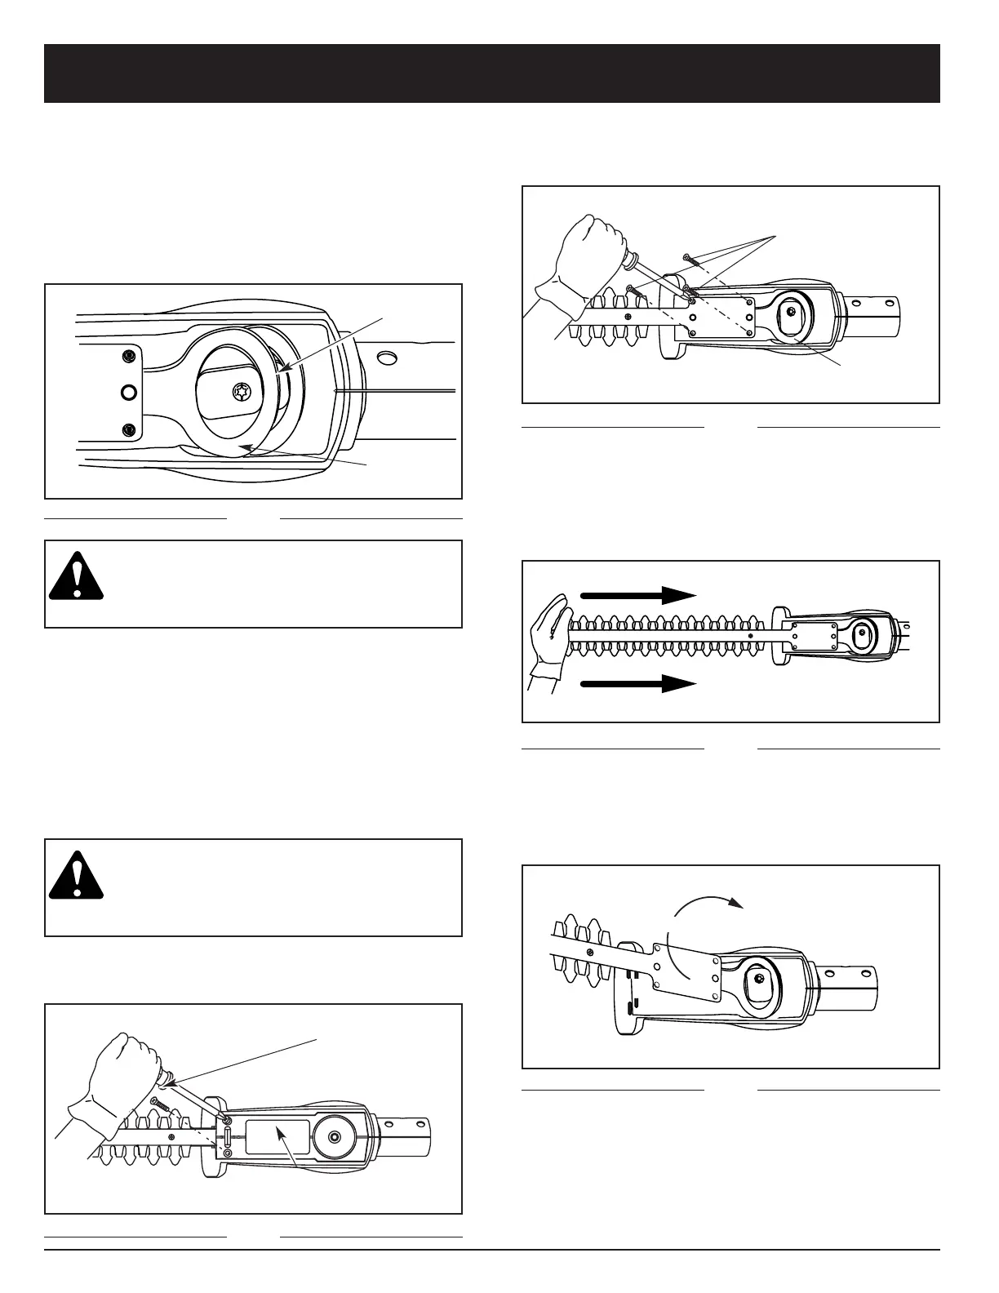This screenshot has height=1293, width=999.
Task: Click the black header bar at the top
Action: point(491,73)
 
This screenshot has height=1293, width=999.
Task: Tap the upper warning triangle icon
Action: point(76,577)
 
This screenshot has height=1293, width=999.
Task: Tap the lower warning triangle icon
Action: point(76,876)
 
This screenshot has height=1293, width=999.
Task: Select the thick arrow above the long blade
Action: point(637,594)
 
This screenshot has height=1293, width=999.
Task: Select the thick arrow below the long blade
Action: point(637,684)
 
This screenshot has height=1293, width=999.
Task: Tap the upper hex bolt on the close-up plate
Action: point(128,356)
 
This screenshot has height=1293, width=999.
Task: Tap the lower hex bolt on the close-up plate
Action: point(128,429)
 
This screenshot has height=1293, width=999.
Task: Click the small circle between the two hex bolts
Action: point(128,393)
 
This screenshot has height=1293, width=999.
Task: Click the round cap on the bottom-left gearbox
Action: point(335,1136)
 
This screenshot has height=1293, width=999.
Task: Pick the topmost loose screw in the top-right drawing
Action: point(690,260)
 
